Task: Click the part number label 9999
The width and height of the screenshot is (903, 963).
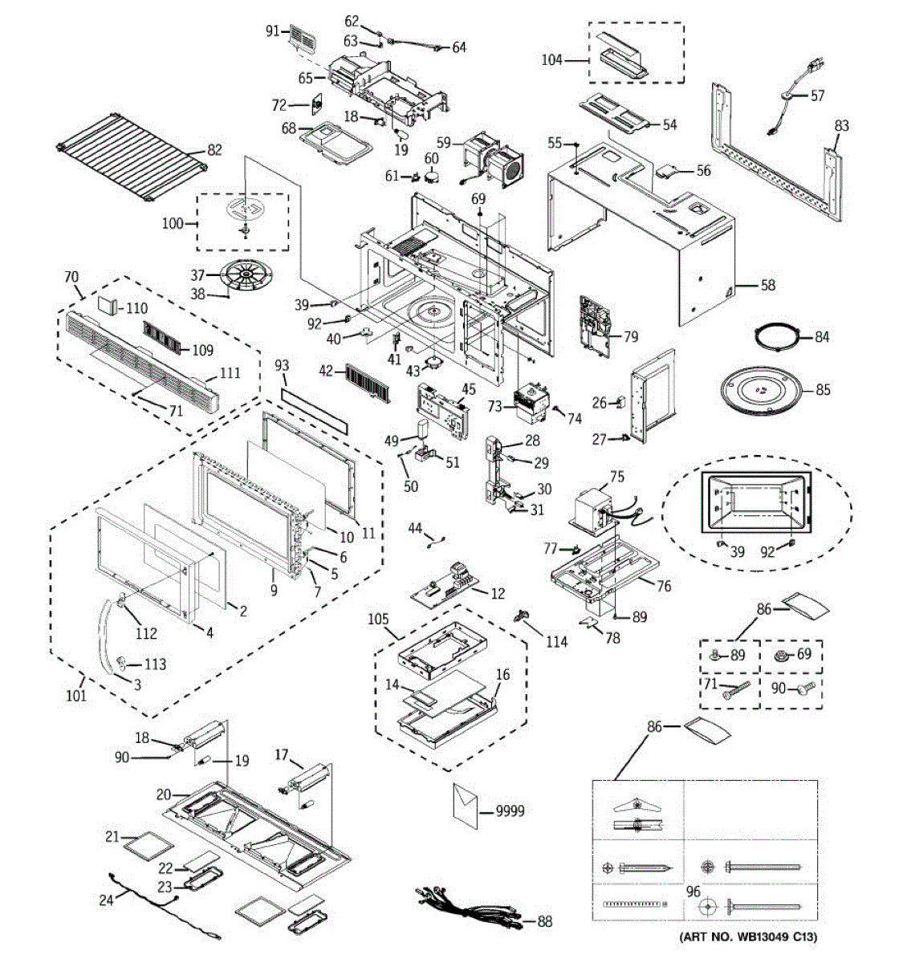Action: pyautogui.click(x=509, y=811)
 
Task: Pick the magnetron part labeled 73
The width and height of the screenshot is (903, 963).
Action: pyautogui.click(x=531, y=401)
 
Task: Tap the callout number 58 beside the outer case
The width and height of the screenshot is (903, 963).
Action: pyautogui.click(x=768, y=285)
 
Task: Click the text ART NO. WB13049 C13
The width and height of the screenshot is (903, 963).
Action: pyautogui.click(x=748, y=937)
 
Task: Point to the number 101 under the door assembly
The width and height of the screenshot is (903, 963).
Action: pyautogui.click(x=76, y=695)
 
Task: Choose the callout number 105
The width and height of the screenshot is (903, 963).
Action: pyautogui.click(x=378, y=619)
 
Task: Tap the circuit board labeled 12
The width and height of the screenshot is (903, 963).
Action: pyautogui.click(x=450, y=583)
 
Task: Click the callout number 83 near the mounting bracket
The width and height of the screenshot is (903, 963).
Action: pyautogui.click(x=841, y=126)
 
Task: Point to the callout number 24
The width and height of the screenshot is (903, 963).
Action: pyautogui.click(x=107, y=900)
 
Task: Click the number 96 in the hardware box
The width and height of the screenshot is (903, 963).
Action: pyautogui.click(x=693, y=891)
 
